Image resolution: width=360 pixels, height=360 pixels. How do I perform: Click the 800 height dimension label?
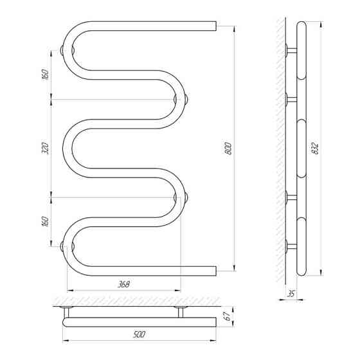click(229, 148)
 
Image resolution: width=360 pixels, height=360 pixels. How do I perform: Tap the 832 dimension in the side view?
click(316, 148)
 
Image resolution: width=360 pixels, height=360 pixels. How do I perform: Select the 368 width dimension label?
click(123, 284)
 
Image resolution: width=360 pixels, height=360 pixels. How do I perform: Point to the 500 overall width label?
click(139, 334)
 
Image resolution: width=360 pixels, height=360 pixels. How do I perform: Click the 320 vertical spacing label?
click(46, 148)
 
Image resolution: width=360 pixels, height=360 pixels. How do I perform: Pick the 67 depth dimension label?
click(228, 316)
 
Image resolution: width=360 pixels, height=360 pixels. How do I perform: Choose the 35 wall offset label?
click(291, 293)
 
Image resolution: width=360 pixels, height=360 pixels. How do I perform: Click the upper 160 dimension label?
click(46, 74)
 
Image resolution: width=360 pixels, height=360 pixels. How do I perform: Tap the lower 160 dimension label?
click(46, 221)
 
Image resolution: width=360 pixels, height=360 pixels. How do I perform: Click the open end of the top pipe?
click(216, 26)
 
